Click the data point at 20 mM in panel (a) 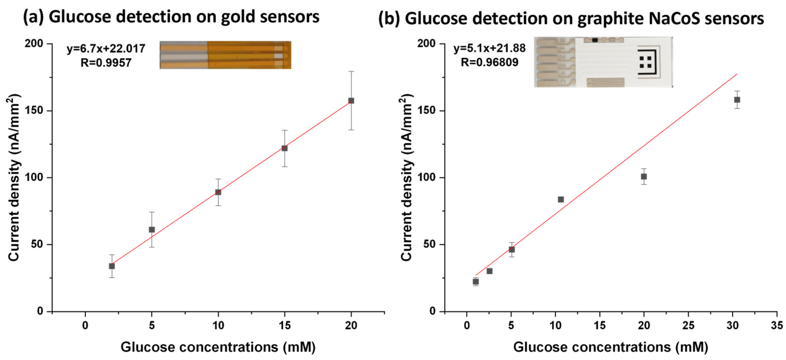[351, 101]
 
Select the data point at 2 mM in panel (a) [112, 266]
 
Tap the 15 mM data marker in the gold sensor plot [284, 148]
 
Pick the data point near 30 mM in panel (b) [737, 100]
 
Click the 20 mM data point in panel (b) [644, 177]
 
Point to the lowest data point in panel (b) [476, 282]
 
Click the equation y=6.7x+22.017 [106, 49]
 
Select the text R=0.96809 [489, 63]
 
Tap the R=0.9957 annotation [106, 63]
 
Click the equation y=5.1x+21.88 [489, 48]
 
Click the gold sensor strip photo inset [225, 55]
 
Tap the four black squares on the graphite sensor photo [646, 62]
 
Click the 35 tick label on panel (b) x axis [776, 326]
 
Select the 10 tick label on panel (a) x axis [218, 326]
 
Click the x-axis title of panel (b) [611, 347]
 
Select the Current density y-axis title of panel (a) [14, 178]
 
